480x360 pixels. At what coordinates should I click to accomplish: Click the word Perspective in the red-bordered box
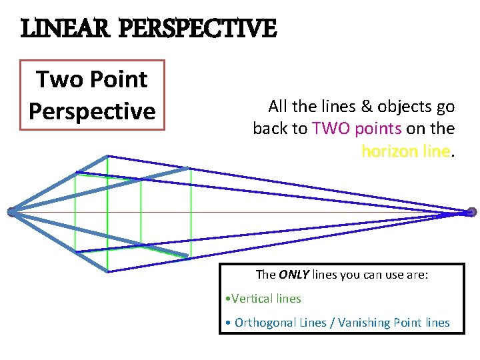(x=92, y=111)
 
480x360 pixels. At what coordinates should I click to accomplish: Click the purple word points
(x=378, y=129)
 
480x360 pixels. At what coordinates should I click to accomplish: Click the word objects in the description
(x=403, y=107)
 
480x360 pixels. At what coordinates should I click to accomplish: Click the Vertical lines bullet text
(x=266, y=299)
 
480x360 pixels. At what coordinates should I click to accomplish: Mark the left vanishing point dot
(x=11, y=212)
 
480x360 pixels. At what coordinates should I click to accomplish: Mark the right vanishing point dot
(x=471, y=212)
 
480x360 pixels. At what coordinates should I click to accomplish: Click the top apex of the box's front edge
(x=107, y=156)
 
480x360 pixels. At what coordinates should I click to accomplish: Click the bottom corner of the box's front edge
(x=107, y=271)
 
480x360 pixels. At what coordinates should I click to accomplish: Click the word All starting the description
(x=277, y=107)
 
